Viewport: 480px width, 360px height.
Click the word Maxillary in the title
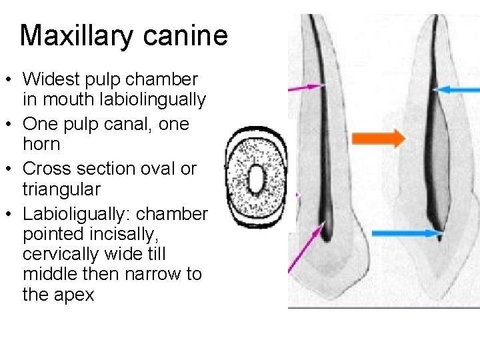(x=75, y=35)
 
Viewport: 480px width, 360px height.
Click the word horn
(x=41, y=144)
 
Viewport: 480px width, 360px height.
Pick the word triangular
(x=61, y=189)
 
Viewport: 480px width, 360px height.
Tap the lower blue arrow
(x=407, y=233)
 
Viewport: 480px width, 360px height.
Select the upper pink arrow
(x=306, y=87)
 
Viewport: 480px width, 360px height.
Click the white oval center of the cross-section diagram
(x=256, y=180)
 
